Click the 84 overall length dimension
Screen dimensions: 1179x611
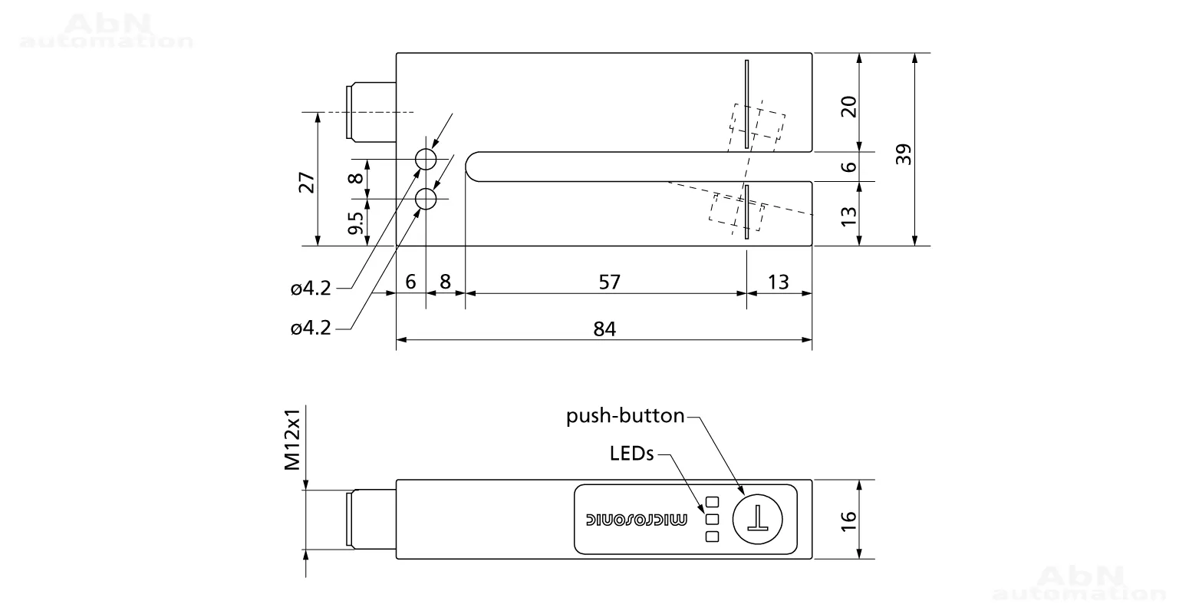click(604, 329)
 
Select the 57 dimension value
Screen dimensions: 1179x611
click(610, 282)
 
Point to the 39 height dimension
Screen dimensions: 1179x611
click(904, 154)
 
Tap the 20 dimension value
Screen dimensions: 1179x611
click(849, 107)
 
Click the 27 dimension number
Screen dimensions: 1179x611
click(306, 182)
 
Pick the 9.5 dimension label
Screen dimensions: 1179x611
click(356, 223)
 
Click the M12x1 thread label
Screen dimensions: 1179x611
click(292, 439)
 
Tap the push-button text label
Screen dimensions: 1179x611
click(625, 416)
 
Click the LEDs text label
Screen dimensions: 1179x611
click(631, 454)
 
